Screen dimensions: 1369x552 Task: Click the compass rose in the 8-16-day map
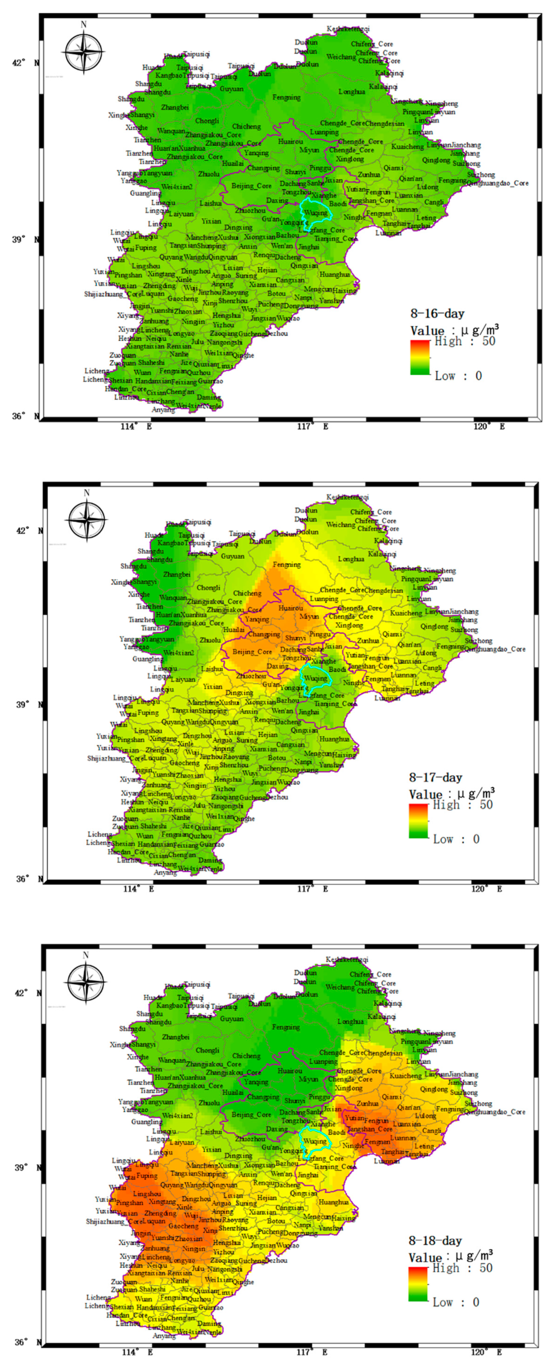[83, 51]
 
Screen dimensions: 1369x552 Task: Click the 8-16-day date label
[437, 313]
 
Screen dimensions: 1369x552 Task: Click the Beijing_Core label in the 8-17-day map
[252, 651]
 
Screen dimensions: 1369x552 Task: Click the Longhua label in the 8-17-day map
[351, 559]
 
